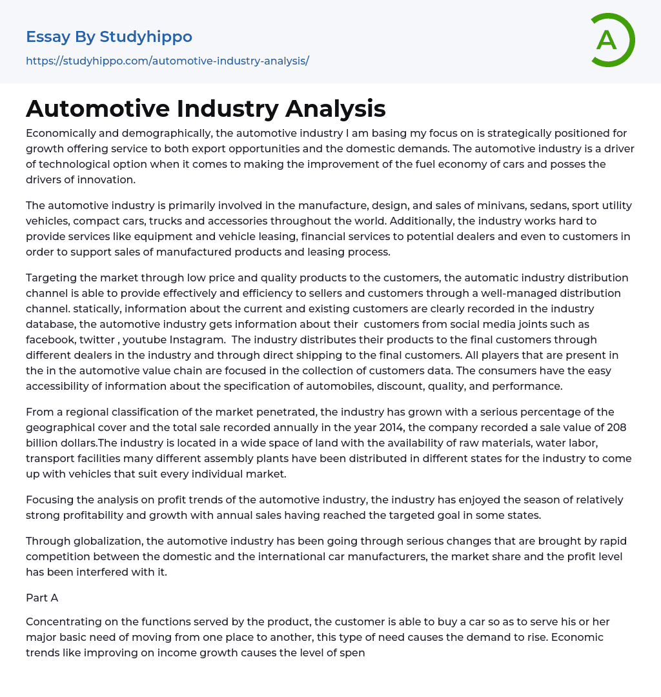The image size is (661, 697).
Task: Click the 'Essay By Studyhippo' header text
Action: pos(109,37)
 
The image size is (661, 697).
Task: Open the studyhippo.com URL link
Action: pos(167,61)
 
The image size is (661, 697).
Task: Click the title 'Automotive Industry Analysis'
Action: pos(205,108)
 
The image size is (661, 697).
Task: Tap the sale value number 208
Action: pos(616,427)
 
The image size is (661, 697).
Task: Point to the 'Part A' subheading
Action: pos(42,598)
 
